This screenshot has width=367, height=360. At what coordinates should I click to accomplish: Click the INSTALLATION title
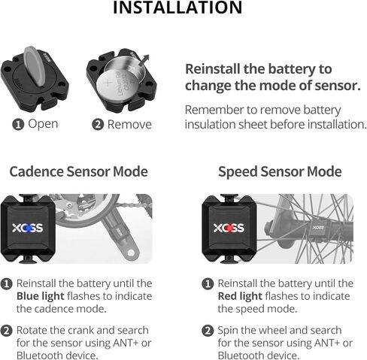click(x=177, y=8)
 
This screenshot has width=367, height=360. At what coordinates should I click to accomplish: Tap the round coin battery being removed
click(x=119, y=77)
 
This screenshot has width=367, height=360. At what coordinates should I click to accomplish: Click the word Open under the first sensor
click(x=43, y=123)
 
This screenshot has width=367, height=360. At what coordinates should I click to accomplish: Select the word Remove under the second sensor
click(x=129, y=124)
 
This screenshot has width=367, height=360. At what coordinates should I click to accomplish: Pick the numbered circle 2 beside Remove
click(x=98, y=124)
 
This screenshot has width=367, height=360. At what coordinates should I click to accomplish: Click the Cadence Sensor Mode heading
click(x=78, y=171)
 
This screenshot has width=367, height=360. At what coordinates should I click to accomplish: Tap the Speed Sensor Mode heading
click(x=280, y=171)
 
